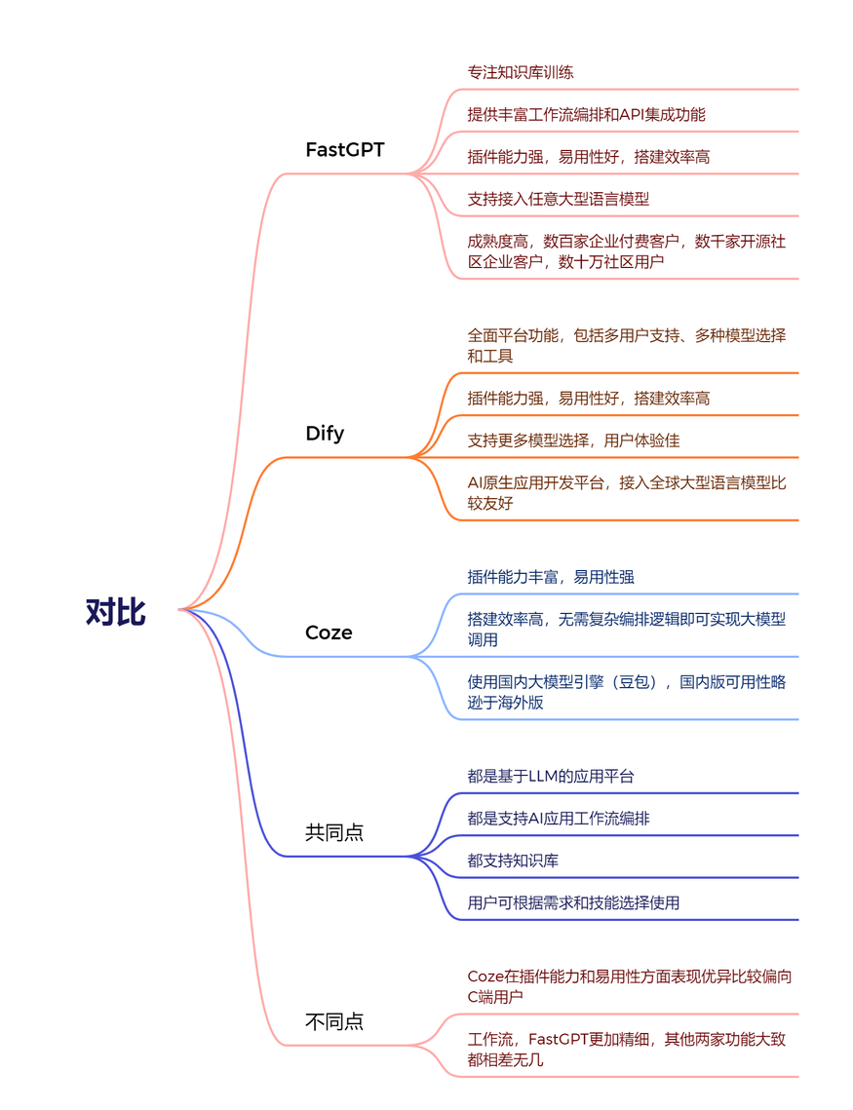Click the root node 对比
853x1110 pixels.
[115, 613]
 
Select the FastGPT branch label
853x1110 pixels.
[344, 150]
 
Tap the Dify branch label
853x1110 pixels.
[325, 434]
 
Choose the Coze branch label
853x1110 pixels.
[329, 632]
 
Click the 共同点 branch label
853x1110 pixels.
[334, 832]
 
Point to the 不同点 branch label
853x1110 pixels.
[334, 1021]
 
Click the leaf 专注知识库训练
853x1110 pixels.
[521, 72]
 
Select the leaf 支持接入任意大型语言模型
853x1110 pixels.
[558, 199]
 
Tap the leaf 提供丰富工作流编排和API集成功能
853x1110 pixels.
[586, 114]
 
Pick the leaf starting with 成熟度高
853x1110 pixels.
[626, 251]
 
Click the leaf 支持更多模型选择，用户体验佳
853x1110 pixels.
[573, 440]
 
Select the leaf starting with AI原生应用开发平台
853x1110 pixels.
[626, 493]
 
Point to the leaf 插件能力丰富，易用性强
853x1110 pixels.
[551, 577]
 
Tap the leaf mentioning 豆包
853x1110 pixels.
[626, 692]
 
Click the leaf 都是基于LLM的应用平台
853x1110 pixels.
[551, 777]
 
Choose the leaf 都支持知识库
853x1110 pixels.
[513, 861]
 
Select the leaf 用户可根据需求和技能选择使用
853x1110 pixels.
[573, 902]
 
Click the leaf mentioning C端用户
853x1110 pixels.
[629, 985]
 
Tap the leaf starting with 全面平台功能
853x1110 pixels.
[626, 345]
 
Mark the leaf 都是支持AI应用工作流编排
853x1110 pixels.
[558, 819]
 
